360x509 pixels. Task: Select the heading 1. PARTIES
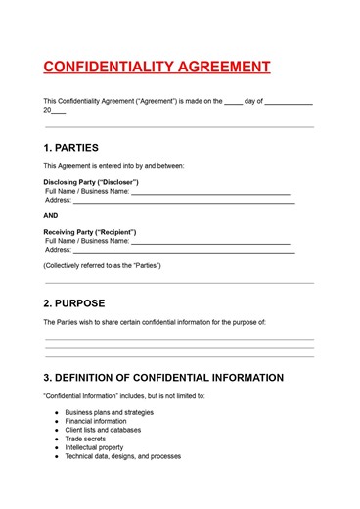click(71, 148)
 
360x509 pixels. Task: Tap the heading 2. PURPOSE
click(74, 302)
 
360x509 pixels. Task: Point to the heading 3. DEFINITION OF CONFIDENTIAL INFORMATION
click(163, 377)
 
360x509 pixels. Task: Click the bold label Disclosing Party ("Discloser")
click(91, 182)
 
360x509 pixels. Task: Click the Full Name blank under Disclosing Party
click(210, 192)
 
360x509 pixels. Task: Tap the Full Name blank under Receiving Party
click(210, 241)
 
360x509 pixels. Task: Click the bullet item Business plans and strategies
click(109, 412)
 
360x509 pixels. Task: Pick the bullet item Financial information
click(95, 421)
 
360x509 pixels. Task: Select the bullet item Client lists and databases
click(103, 430)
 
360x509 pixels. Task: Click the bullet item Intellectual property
click(94, 447)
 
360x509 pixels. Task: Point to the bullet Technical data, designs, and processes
click(122, 456)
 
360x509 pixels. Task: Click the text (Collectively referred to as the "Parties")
click(102, 266)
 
